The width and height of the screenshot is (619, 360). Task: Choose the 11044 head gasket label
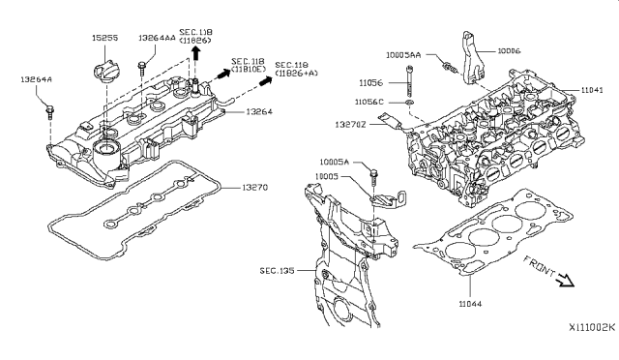(x=469, y=304)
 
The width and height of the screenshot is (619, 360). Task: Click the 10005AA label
(x=402, y=55)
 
